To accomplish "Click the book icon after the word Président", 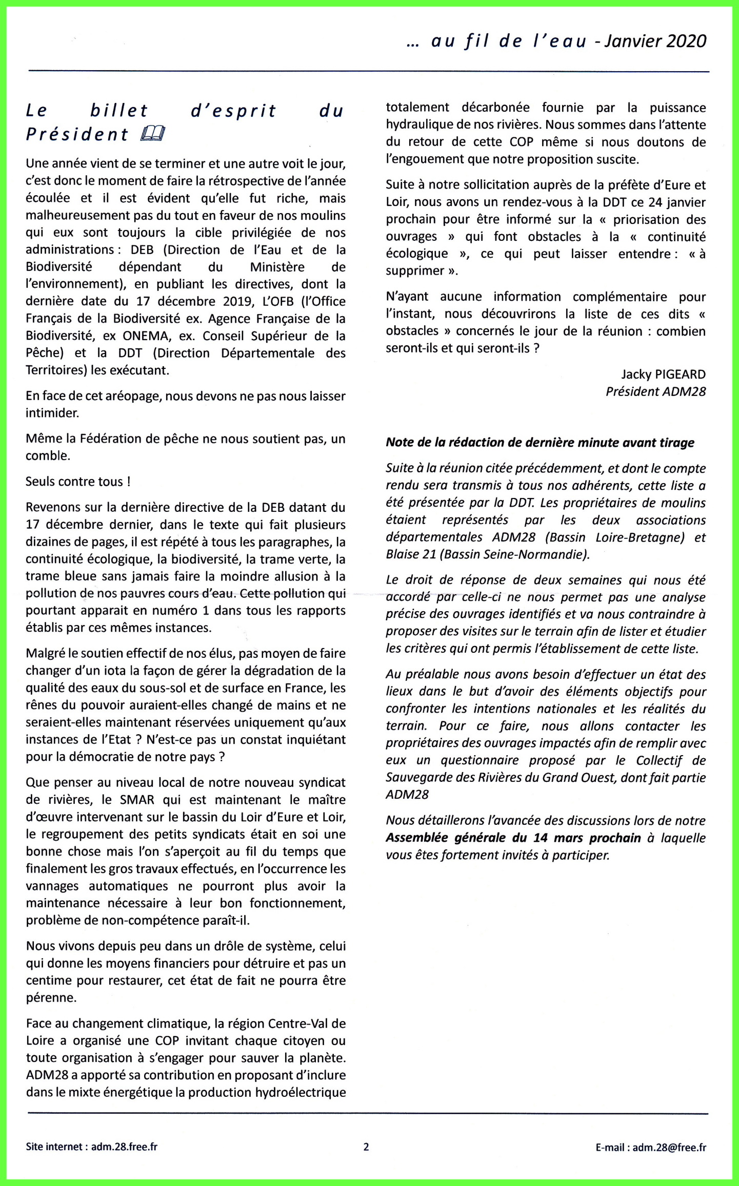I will (153, 134).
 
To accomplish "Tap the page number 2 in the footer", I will (366, 1147).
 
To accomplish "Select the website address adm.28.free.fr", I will (124, 1147).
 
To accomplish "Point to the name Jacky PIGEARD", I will (663, 374).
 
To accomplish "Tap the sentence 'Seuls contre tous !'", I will (78, 482).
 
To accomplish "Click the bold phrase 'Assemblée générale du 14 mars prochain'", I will (513, 838).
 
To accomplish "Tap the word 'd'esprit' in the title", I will (233, 111).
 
